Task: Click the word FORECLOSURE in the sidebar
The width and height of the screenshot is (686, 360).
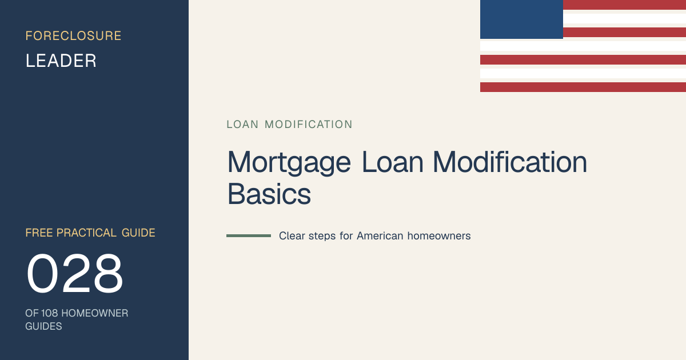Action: pos(73,36)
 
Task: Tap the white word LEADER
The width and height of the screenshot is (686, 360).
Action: pos(61,61)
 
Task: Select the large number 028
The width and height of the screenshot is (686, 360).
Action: pos(75,273)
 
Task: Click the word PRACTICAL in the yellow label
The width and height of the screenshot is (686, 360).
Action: pos(86,233)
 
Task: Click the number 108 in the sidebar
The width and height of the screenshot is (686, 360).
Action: pos(49,313)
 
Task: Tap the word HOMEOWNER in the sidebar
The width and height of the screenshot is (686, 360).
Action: pos(95,313)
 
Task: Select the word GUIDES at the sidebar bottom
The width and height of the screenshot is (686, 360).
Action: pos(43,326)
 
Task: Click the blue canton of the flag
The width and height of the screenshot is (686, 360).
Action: pos(521,19)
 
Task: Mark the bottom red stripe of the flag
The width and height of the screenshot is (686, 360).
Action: pos(583,87)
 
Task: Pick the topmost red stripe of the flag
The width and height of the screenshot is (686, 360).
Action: pos(624,5)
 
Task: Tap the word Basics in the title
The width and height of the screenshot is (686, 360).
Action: pos(269,194)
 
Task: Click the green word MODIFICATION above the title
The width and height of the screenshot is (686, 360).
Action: pos(308,125)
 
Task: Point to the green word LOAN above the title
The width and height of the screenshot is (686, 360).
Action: pos(242,125)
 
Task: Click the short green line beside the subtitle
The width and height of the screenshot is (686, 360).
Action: pos(249,235)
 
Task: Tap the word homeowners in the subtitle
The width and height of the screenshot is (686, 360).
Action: pos(439,236)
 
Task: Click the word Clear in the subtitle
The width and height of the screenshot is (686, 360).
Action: pos(292,236)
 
